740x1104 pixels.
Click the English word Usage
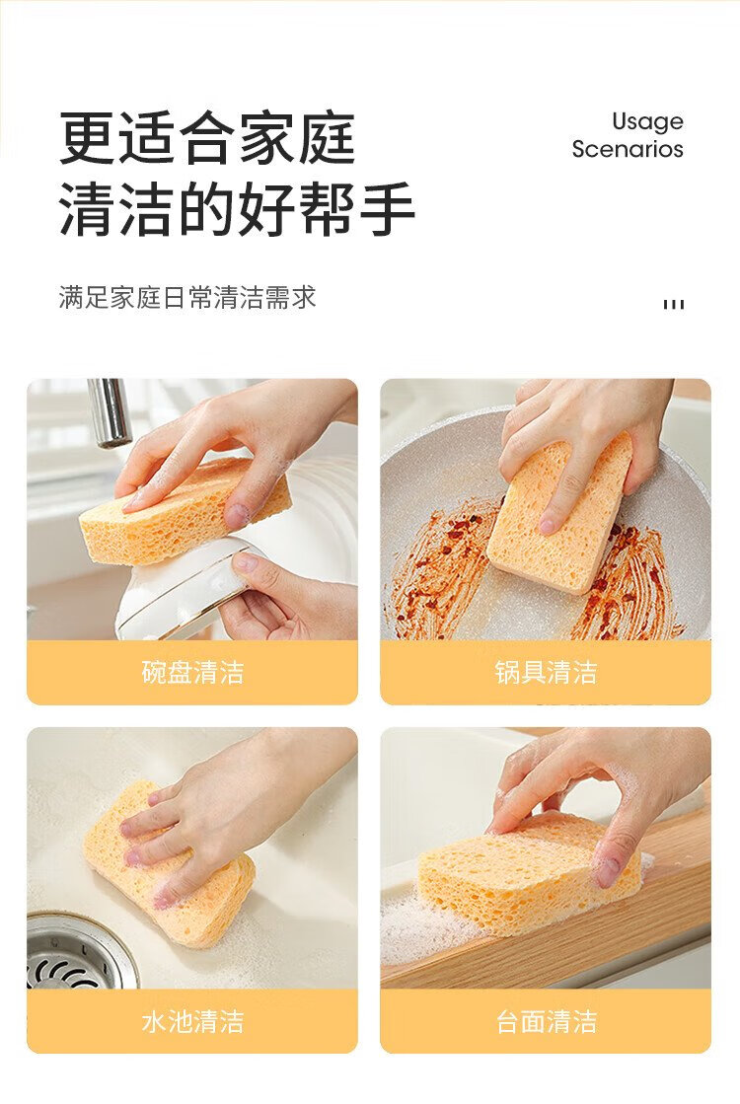pos(648,122)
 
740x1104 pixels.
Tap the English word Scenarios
pos(628,149)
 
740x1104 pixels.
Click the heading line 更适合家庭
pos(208,138)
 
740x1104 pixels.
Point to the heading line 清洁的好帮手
pos(237,208)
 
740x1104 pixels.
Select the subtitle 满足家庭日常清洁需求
pos(187,298)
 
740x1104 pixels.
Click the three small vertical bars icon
pos(674,304)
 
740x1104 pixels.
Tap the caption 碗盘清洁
pos(192,673)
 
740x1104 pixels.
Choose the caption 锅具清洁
pos(546,673)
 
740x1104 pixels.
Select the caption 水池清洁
pos(192,1021)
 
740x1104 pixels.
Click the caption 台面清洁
pos(546,1021)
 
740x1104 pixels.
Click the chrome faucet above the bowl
pos(110,412)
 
